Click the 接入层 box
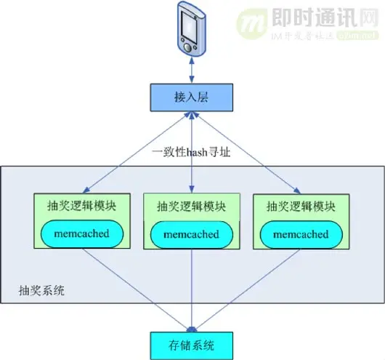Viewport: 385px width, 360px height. (x=192, y=96)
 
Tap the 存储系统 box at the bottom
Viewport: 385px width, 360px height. (x=192, y=343)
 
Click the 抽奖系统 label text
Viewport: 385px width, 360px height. (x=41, y=291)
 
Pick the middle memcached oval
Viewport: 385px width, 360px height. (x=192, y=236)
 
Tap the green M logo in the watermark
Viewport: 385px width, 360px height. (x=252, y=23)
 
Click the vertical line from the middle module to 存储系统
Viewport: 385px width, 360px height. (x=192, y=291)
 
